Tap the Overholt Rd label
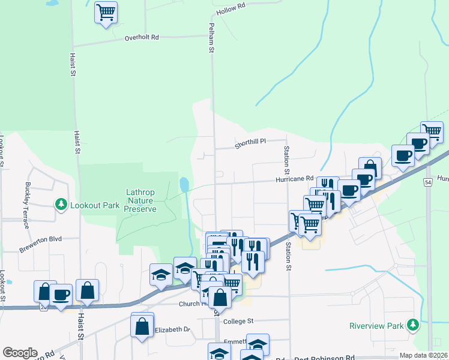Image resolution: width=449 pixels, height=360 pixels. [x=142, y=37]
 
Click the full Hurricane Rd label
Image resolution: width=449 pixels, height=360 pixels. [x=295, y=179]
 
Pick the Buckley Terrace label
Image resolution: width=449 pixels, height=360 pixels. [x=27, y=206]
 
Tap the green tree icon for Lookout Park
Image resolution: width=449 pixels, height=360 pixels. [x=61, y=205]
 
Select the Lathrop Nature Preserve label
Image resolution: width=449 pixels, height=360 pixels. [x=140, y=200]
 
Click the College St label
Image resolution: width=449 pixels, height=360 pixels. [x=239, y=322]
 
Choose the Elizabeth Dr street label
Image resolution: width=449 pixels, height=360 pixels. [x=172, y=330]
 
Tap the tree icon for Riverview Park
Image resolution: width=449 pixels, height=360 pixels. [x=412, y=325]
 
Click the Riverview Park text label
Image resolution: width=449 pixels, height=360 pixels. [x=377, y=326]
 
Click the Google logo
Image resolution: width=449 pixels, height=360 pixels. [x=20, y=353]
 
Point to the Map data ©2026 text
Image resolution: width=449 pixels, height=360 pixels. [x=423, y=355]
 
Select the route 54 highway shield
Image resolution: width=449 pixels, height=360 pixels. [x=427, y=182]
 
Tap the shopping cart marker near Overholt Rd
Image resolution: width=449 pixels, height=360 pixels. [x=106, y=11]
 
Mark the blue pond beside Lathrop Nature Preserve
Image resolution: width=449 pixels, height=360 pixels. [x=184, y=184]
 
